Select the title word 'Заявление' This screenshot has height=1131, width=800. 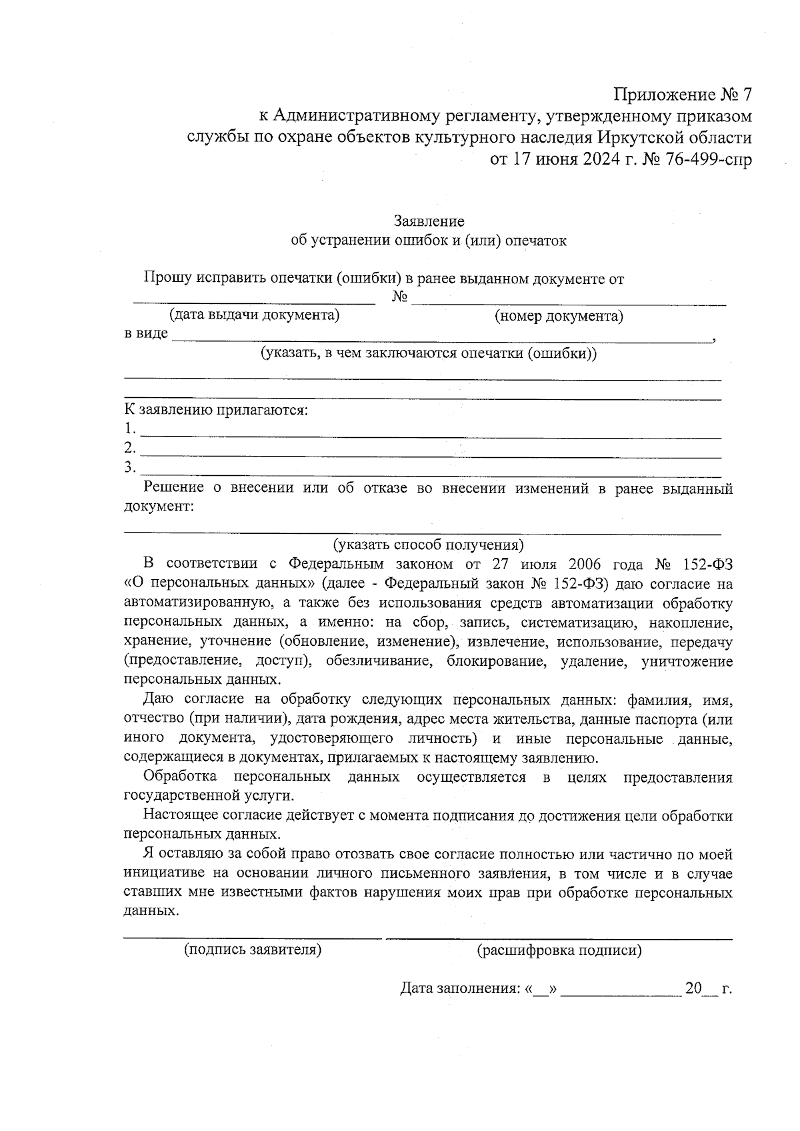(x=429, y=221)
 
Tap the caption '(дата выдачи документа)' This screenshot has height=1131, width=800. (x=255, y=315)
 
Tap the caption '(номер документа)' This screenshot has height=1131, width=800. (x=559, y=316)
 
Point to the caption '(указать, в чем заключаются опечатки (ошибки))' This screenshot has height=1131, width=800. (x=429, y=353)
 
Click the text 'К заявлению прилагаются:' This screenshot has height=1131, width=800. (x=217, y=410)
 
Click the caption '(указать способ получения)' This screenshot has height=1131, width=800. (x=429, y=545)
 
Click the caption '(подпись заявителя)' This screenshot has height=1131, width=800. (x=253, y=950)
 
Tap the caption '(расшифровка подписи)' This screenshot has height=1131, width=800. (x=559, y=951)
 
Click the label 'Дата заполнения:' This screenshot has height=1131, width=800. (x=460, y=989)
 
